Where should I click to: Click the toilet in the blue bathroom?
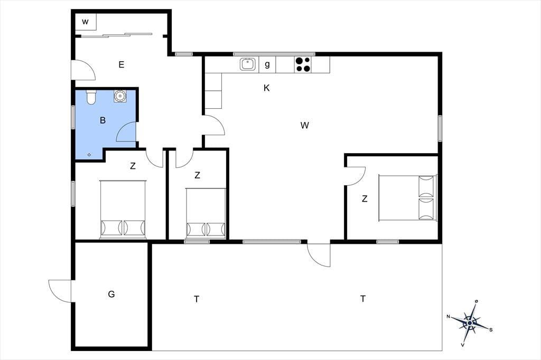pyautogui.click(x=91, y=97)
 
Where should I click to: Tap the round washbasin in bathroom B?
pyautogui.click(x=120, y=96)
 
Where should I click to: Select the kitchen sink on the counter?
pyautogui.click(x=248, y=64)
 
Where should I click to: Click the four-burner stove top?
pyautogui.click(x=303, y=64)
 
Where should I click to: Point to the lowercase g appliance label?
pyautogui.click(x=267, y=64)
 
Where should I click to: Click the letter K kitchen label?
pyautogui.click(x=266, y=88)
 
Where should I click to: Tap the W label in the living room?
pyautogui.click(x=304, y=125)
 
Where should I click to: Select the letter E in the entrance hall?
pyautogui.click(x=121, y=64)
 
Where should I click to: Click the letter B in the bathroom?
pyautogui.click(x=102, y=120)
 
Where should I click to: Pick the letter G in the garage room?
pyautogui.click(x=111, y=294)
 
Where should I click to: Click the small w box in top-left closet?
pyautogui.click(x=85, y=22)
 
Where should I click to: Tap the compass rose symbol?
pyautogui.click(x=470, y=323)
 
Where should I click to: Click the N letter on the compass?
pyautogui.click(x=448, y=317)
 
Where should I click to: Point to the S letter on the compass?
pyautogui.click(x=491, y=330)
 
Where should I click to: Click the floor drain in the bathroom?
pyautogui.click(x=89, y=155)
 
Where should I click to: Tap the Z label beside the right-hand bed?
pyautogui.click(x=365, y=198)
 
